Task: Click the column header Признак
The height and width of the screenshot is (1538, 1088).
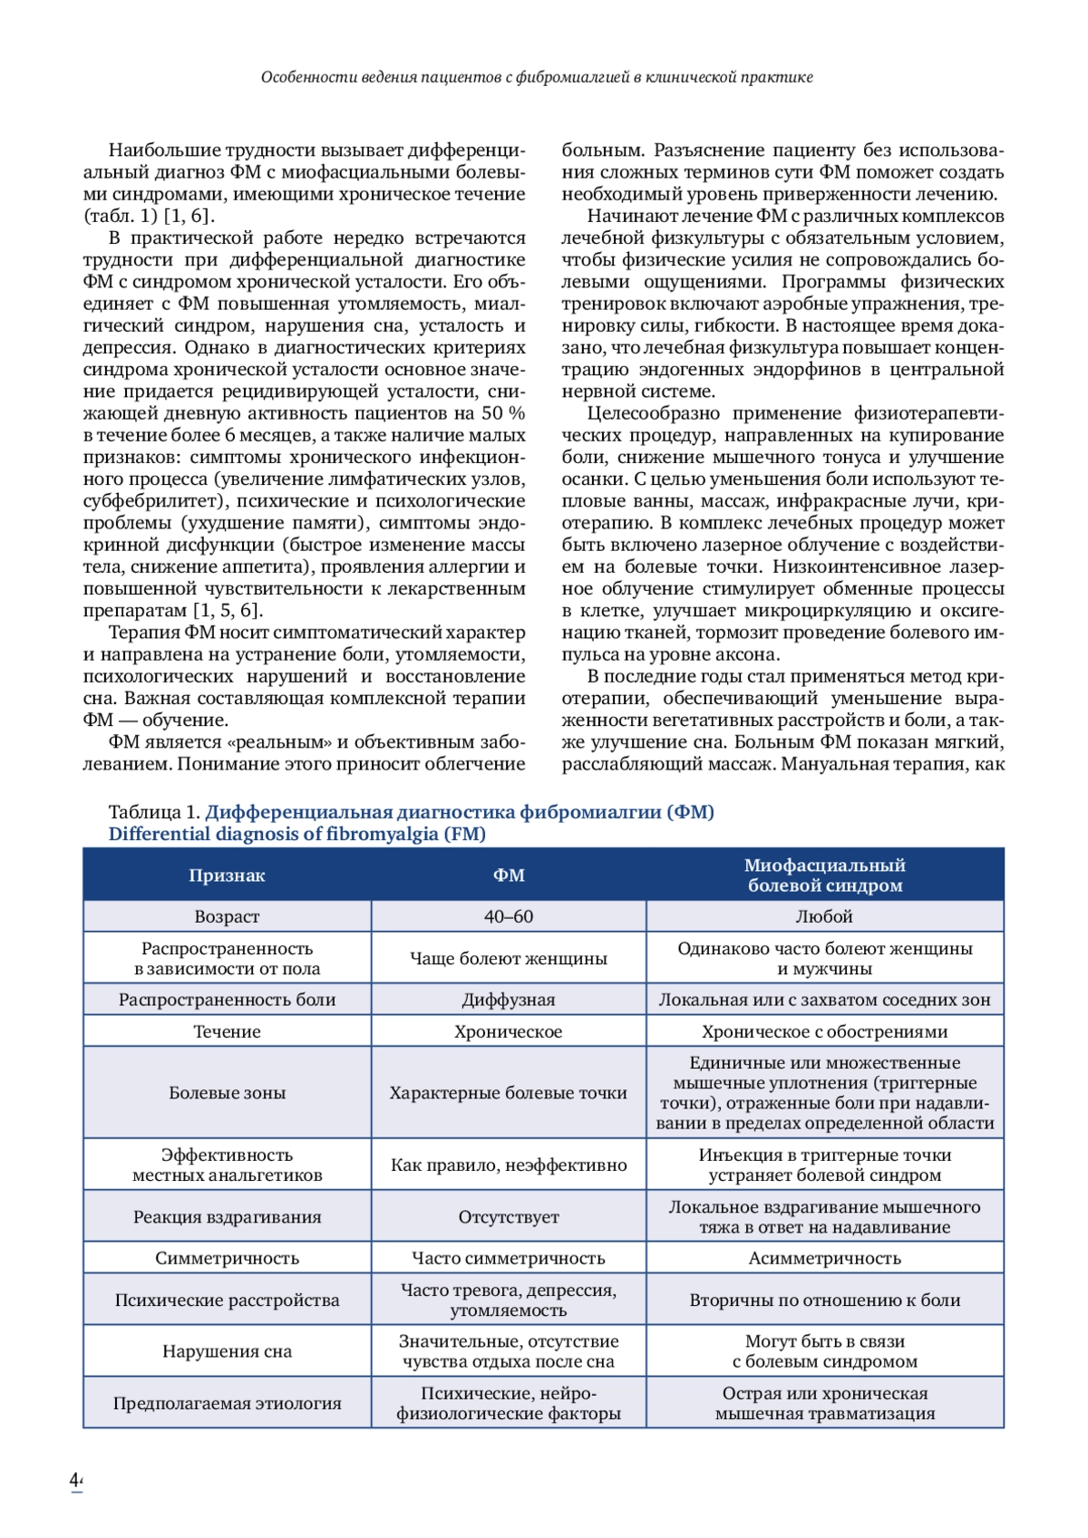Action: tap(227, 875)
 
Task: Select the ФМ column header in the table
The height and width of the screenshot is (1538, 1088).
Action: tap(509, 875)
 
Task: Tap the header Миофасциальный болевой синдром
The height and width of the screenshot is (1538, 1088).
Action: tap(824, 875)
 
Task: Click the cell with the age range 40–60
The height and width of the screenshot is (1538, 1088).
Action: tap(509, 916)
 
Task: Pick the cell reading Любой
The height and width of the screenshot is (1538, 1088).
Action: tap(824, 916)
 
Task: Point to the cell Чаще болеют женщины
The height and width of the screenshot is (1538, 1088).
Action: tap(509, 958)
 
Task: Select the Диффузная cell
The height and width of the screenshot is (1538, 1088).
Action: tap(509, 1000)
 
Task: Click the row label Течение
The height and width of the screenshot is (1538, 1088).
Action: tap(227, 1031)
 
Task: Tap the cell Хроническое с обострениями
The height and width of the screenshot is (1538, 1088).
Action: tap(824, 1031)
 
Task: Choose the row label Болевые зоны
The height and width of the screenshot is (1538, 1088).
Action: tap(227, 1093)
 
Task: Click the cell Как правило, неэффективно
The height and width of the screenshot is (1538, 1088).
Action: tap(509, 1165)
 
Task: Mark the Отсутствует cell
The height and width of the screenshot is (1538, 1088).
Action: tap(509, 1217)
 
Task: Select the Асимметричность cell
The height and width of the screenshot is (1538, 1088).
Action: tap(824, 1258)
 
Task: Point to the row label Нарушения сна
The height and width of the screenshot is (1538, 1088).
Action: tap(227, 1351)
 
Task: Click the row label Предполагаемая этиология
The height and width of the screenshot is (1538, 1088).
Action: tap(227, 1403)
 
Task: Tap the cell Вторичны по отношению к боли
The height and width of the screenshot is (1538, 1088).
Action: tap(824, 1300)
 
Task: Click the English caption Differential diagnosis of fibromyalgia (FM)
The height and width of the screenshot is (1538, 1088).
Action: tap(296, 834)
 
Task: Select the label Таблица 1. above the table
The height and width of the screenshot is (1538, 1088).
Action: tap(154, 812)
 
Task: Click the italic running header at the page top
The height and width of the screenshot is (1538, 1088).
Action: tap(537, 77)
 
